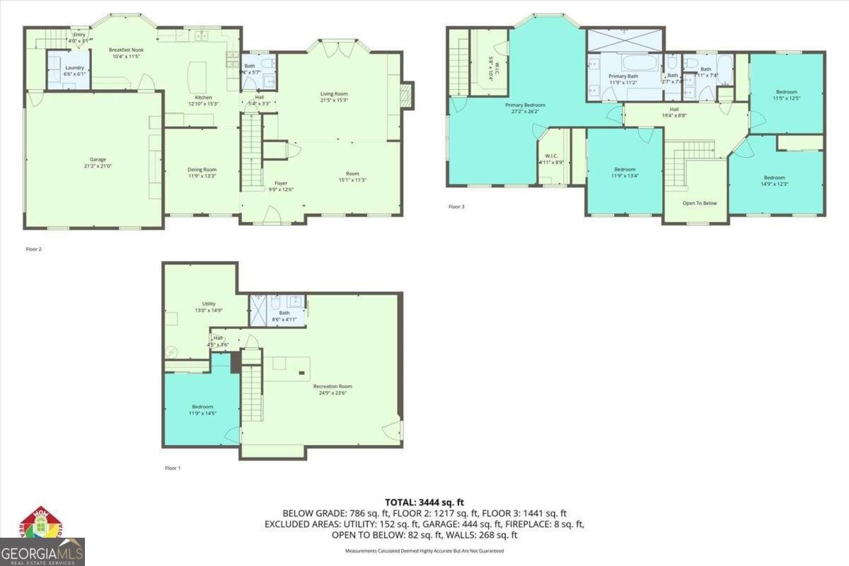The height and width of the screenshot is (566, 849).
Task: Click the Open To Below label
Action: (699, 203)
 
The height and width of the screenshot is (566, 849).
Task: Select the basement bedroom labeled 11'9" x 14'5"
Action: (202, 410)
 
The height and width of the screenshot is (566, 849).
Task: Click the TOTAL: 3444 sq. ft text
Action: (424, 502)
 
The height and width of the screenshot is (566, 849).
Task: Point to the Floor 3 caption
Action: (456, 207)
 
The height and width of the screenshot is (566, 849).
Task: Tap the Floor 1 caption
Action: (173, 468)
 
